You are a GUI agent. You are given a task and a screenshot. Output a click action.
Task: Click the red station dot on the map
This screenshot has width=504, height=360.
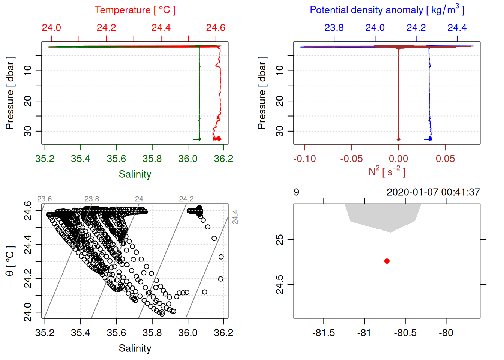point(387,261)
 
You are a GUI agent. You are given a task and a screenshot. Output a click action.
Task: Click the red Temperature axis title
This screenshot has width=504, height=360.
point(135,10)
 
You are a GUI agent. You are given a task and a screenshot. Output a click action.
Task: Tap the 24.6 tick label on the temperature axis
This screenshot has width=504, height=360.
point(216,28)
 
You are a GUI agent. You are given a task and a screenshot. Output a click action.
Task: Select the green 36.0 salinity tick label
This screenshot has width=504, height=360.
point(187,159)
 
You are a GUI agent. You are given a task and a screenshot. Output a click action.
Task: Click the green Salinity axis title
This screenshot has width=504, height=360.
point(135,174)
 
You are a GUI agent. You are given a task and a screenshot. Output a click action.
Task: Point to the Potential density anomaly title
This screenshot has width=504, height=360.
point(387,10)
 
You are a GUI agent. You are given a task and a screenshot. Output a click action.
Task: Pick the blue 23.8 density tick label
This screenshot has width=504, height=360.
point(334,28)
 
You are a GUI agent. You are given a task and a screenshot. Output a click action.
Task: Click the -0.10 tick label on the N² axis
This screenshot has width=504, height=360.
point(304,159)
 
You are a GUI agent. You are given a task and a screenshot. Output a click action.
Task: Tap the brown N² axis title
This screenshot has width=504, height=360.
point(387,171)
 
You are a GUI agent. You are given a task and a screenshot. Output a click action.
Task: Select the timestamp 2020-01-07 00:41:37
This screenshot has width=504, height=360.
point(433,192)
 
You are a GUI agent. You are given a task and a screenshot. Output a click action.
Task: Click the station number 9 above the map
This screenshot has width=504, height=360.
point(297,192)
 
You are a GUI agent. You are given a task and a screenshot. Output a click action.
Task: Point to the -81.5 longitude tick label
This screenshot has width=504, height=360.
point(323,333)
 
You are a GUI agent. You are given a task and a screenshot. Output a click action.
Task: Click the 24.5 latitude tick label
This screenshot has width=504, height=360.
point(280,285)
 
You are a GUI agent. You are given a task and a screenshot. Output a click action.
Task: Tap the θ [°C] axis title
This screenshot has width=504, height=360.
point(10,261)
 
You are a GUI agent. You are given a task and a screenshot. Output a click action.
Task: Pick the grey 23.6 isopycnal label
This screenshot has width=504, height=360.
point(44,199)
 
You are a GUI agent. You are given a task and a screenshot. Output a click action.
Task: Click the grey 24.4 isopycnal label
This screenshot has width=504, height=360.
point(235,217)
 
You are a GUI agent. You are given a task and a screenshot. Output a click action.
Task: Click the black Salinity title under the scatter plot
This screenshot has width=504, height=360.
point(135,348)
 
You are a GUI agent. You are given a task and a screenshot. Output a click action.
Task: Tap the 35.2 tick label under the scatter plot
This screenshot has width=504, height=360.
point(45,333)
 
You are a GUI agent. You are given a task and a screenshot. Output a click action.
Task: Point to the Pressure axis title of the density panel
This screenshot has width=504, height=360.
point(262,93)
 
